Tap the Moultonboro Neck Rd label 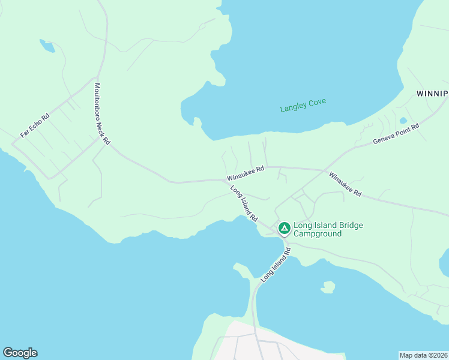pyautogui.click(x=102, y=114)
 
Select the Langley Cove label pyautogui.click(x=303, y=105)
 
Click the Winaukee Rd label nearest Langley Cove pyautogui.click(x=246, y=174)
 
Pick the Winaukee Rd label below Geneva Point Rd pyautogui.click(x=345, y=184)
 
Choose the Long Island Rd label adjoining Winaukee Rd pyautogui.click(x=244, y=203)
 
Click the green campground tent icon pyautogui.click(x=284, y=229)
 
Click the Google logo pyautogui.click(x=20, y=353)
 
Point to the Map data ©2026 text pyautogui.click(x=424, y=355)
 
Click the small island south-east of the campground pyautogui.click(x=328, y=287)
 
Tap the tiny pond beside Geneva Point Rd pyautogui.click(x=403, y=121)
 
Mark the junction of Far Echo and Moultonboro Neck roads pyautogui.click(x=96, y=77)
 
